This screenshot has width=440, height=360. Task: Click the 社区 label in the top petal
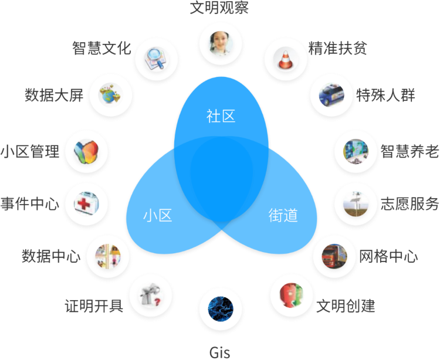click(x=221, y=116)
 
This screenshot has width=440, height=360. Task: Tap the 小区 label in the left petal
click(x=157, y=215)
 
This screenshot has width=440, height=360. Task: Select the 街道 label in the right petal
click(x=283, y=215)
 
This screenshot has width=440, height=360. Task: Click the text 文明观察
click(x=219, y=8)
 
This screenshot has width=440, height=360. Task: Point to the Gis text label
click(x=220, y=352)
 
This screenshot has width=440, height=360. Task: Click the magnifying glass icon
click(x=156, y=59)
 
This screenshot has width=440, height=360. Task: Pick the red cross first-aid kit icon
click(x=86, y=204)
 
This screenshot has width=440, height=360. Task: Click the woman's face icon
click(x=221, y=44)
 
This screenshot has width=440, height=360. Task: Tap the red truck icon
click(x=334, y=256)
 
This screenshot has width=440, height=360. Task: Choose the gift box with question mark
click(x=151, y=296)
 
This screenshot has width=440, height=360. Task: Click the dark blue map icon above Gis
click(x=221, y=308)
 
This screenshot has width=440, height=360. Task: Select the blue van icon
click(x=331, y=95)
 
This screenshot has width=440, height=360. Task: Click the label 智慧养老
click(x=409, y=151)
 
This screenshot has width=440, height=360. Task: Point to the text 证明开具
click(x=94, y=305)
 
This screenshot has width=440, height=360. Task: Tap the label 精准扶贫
click(x=337, y=48)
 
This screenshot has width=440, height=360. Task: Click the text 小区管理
click(x=30, y=151)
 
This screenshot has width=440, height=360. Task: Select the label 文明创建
click(x=346, y=305)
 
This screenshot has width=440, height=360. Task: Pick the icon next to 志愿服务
click(x=356, y=204)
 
